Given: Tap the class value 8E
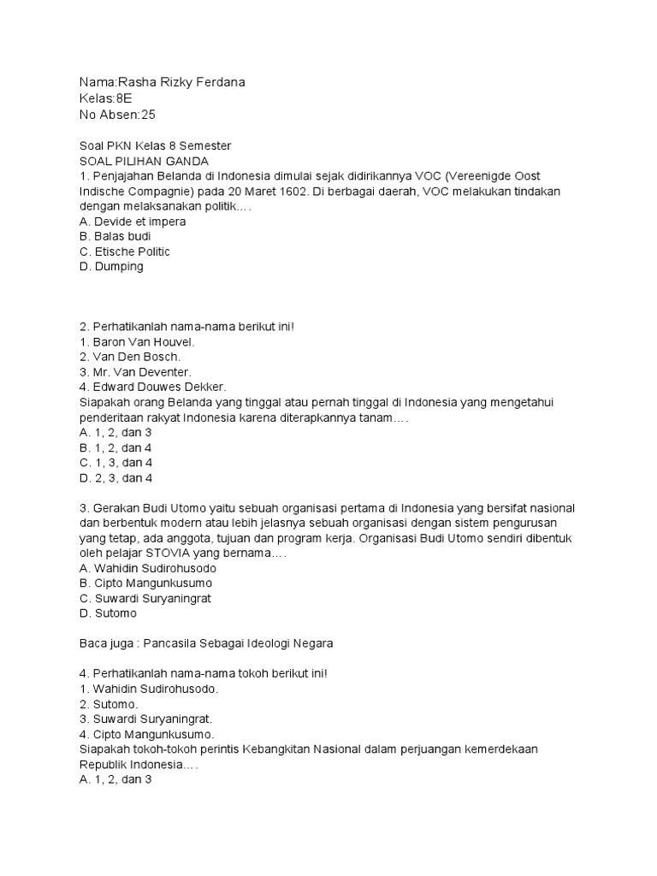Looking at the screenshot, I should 124,98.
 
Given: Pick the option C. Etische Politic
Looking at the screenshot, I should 125,252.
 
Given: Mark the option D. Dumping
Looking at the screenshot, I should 111,267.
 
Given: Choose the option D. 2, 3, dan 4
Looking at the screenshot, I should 115,477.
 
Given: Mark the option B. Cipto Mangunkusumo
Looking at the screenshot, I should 145,583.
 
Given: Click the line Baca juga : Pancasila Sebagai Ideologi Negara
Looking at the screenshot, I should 206,643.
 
